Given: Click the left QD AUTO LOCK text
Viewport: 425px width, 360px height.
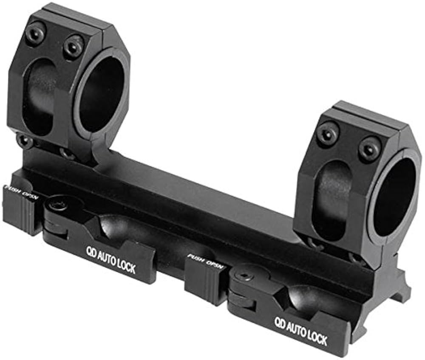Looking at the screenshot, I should click(111, 259).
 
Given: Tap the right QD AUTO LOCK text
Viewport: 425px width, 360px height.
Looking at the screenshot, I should click(300, 332).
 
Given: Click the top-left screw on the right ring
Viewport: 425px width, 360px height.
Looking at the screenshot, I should click(328, 135).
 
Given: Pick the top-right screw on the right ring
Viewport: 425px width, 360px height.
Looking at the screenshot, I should click(369, 148).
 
